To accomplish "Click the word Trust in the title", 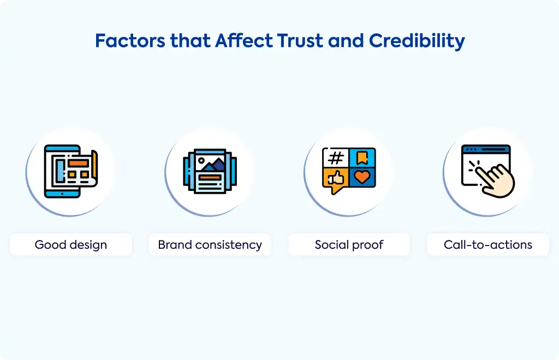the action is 300,40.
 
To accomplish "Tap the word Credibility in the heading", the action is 417,41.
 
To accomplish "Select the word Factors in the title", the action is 130,40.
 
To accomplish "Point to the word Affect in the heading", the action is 244,40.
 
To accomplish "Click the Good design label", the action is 71,244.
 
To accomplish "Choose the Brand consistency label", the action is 210,244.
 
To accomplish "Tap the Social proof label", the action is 349,244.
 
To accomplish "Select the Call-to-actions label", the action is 488,244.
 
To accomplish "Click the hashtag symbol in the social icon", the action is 336,158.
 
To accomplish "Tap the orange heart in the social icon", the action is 362,177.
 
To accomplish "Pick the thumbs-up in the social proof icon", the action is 336,177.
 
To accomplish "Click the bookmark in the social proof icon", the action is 362,158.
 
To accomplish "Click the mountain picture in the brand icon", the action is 210,163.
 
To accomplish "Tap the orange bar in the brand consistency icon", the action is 210,177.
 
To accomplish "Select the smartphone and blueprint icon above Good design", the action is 70,171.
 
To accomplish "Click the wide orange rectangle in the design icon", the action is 79,163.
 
